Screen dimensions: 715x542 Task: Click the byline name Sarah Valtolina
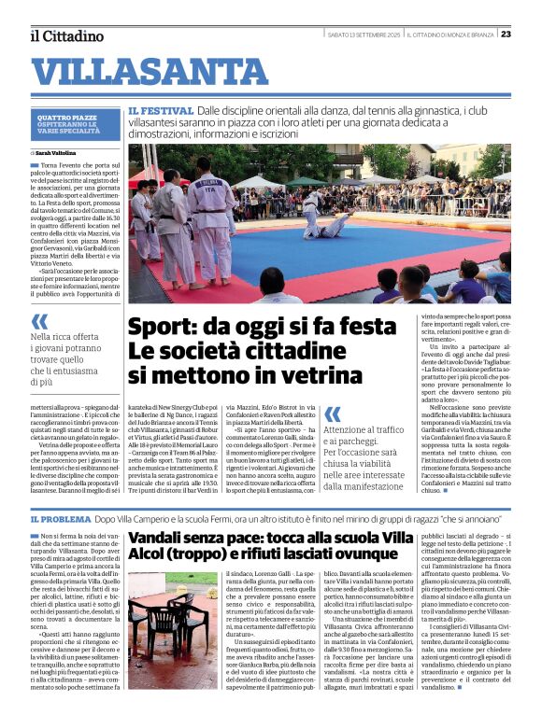[x=57, y=152]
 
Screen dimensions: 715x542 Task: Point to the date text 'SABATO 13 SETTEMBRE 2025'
[x=364, y=35]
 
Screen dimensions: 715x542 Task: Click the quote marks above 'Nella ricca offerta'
[x=38, y=321]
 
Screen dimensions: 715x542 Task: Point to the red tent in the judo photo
[x=143, y=175]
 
